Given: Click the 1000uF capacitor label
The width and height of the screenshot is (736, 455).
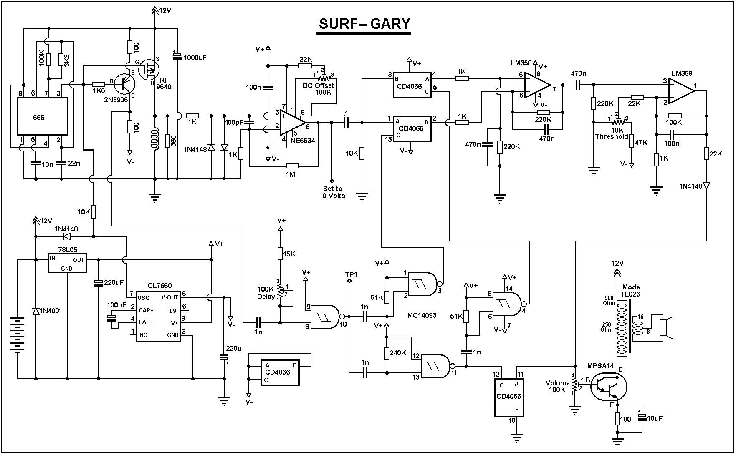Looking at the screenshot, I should (195, 58).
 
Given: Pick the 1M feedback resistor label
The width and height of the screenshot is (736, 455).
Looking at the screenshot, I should (291, 174).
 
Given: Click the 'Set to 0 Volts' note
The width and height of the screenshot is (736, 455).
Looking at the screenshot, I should (333, 192).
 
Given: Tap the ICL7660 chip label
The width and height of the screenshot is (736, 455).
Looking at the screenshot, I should (158, 286).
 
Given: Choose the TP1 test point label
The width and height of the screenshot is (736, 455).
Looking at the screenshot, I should (351, 274).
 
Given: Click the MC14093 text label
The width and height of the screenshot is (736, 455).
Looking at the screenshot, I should (422, 315).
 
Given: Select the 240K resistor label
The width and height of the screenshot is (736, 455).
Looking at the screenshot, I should (398, 353).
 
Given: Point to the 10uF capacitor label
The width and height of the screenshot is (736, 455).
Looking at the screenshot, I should (654, 418).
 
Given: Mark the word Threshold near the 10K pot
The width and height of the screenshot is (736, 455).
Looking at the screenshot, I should (612, 136).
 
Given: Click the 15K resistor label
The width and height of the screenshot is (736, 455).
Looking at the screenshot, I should (289, 254).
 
